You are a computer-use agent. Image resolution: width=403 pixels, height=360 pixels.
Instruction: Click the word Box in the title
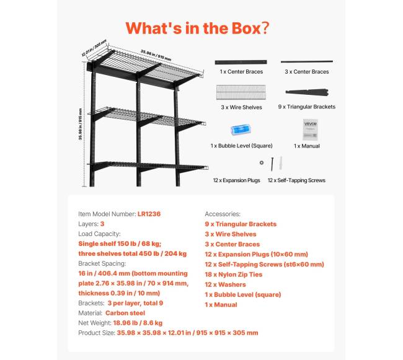[x=246, y=28]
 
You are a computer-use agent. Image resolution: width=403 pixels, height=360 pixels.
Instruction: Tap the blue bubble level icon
[x=241, y=130]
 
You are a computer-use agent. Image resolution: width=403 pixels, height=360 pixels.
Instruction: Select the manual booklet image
[x=310, y=130]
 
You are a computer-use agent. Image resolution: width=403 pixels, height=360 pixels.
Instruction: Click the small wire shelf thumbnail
[x=241, y=92]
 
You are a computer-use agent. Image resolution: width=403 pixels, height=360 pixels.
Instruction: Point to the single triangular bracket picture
[x=307, y=92]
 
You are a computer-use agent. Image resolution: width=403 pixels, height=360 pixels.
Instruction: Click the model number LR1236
[x=149, y=214]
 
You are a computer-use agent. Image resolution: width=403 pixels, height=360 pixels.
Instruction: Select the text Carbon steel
[x=125, y=313]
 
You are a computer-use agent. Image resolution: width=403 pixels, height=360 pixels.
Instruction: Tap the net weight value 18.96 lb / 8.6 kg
[x=138, y=323]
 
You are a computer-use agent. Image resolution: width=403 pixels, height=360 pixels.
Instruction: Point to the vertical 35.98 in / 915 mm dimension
[x=81, y=125]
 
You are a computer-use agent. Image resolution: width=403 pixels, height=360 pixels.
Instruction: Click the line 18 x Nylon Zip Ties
[x=233, y=274]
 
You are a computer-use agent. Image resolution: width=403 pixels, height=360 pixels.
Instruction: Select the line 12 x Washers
[x=225, y=284]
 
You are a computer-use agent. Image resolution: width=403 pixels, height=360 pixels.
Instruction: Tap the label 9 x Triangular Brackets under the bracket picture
[x=307, y=107]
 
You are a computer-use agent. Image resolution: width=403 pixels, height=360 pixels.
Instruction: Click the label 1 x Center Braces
[x=241, y=72]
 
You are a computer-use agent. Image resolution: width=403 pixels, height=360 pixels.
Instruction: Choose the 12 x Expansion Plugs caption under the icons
[x=236, y=180]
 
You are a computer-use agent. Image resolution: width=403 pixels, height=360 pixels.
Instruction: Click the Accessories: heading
[x=223, y=214]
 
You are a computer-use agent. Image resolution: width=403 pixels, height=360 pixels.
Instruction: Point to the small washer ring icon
[x=262, y=162]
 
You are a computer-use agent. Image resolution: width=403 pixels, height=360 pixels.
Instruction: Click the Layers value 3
[x=102, y=224]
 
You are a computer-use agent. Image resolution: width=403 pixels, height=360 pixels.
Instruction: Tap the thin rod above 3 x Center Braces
[x=307, y=61]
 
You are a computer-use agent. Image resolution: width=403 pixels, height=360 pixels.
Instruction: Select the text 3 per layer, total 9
[x=135, y=303]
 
